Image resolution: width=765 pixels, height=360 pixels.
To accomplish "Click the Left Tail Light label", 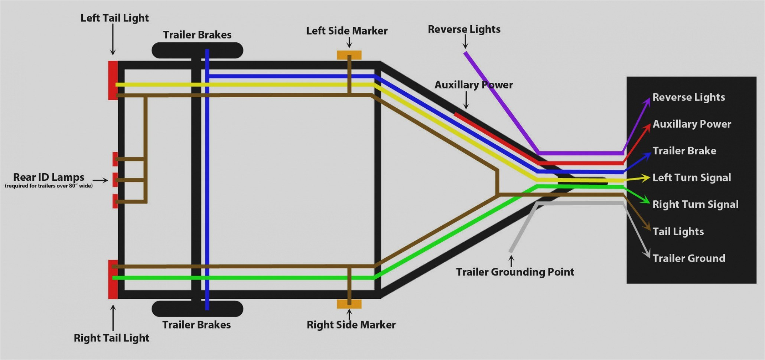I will click(114, 18).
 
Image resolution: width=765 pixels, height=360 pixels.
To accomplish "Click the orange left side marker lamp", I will click(349, 55).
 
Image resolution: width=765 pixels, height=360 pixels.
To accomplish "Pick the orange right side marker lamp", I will click(349, 304).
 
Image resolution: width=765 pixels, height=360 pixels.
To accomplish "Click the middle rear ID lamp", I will click(115, 180).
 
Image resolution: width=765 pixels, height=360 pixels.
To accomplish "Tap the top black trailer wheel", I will click(197, 50).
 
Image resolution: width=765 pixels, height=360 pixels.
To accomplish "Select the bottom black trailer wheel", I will click(197, 309).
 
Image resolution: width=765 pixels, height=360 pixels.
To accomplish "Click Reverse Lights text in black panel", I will click(688, 97).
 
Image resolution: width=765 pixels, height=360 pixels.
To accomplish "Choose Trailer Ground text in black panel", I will click(688, 258).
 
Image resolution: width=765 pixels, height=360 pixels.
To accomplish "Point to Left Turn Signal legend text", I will click(691, 178).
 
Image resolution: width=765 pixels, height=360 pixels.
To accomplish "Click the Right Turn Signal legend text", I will click(695, 204).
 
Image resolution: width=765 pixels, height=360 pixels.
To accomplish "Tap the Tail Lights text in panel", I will click(678, 232).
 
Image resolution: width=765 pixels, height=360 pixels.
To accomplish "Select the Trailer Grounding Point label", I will click(515, 272).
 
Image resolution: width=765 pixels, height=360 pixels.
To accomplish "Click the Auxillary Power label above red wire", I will click(473, 85).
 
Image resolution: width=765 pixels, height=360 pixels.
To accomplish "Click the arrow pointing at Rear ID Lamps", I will click(100, 180).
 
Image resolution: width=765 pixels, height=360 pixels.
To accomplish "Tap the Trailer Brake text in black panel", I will click(684, 151).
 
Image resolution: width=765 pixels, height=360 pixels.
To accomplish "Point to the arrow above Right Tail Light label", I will click(113, 317).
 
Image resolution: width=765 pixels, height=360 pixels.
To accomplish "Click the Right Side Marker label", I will click(351, 325).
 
